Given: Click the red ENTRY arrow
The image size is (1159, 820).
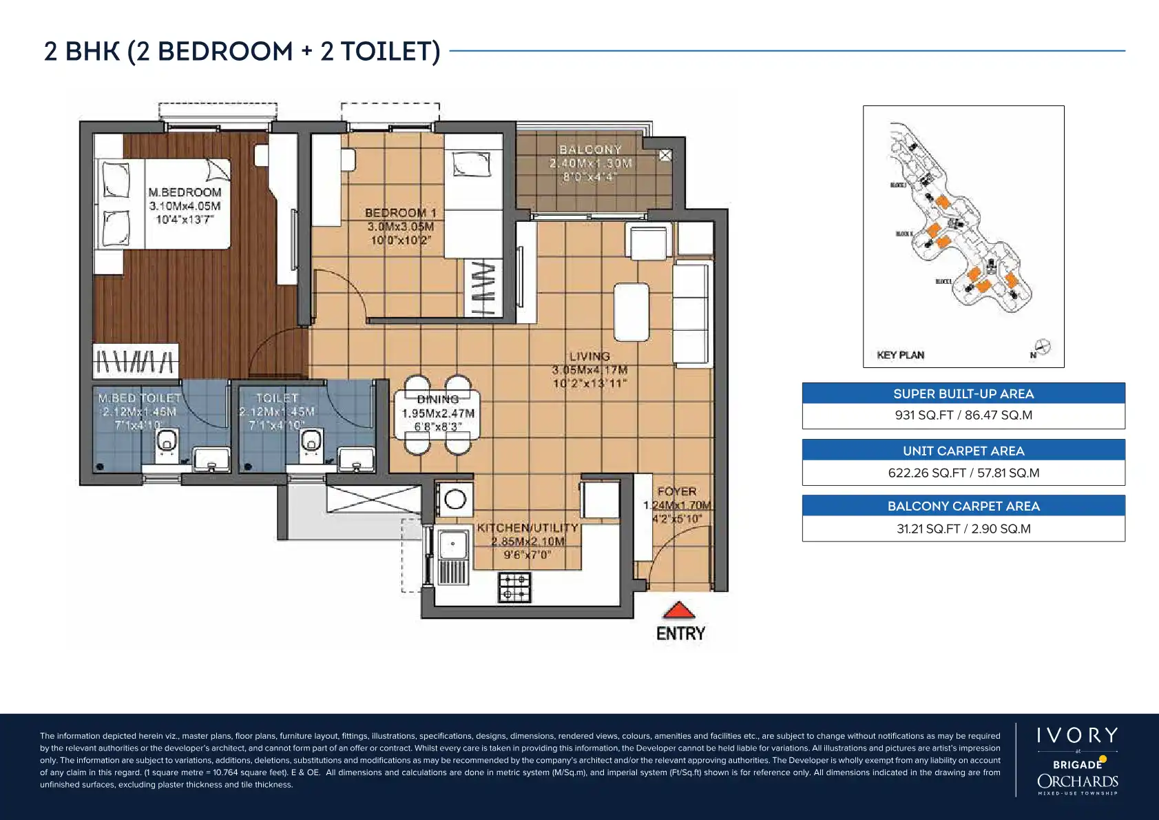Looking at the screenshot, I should (679, 611).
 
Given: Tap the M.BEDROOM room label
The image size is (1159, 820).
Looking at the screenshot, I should (185, 193).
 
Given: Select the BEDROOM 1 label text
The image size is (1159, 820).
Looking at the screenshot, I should (401, 214).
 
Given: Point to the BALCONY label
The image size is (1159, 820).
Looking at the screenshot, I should (590, 150).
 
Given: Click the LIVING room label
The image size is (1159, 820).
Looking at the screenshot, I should (589, 356).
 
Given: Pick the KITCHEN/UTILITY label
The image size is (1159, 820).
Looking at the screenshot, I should (528, 528).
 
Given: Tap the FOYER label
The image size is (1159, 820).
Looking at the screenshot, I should (676, 491).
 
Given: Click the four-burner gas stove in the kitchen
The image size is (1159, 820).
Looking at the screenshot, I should (514, 586).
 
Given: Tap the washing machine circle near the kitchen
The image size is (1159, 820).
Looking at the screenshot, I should (455, 498).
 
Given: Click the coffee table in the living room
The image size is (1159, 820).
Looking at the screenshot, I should (631, 311).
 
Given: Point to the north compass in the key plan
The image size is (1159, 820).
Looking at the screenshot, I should (1042, 348).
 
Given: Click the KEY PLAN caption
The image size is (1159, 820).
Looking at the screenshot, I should (900, 356).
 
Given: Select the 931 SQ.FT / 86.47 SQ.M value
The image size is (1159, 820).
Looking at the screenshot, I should (963, 416).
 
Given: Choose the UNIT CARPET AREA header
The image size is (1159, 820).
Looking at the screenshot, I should (963, 451).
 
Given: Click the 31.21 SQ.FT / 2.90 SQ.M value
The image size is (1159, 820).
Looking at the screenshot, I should (963, 529).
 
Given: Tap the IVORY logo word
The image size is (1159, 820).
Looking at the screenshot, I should (1077, 736).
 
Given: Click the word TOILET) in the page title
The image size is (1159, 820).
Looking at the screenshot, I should (390, 52).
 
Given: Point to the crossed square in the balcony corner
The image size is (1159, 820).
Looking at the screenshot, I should (665, 156).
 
